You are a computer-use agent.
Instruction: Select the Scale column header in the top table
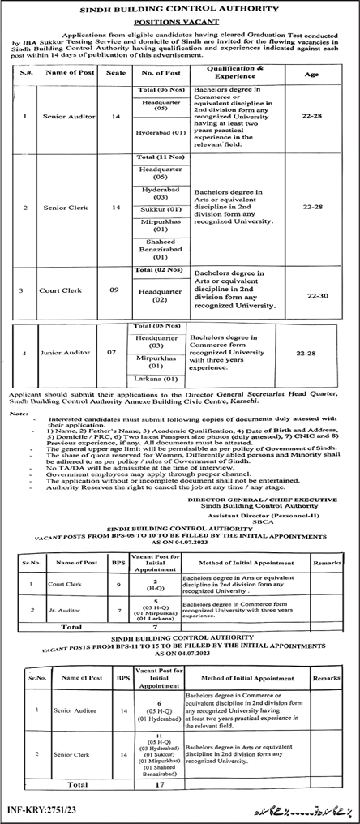tap(116, 73)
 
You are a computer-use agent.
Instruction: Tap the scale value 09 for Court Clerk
tap(116, 290)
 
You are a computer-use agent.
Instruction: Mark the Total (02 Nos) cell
tap(158, 269)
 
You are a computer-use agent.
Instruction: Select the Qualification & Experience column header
tap(235, 73)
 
